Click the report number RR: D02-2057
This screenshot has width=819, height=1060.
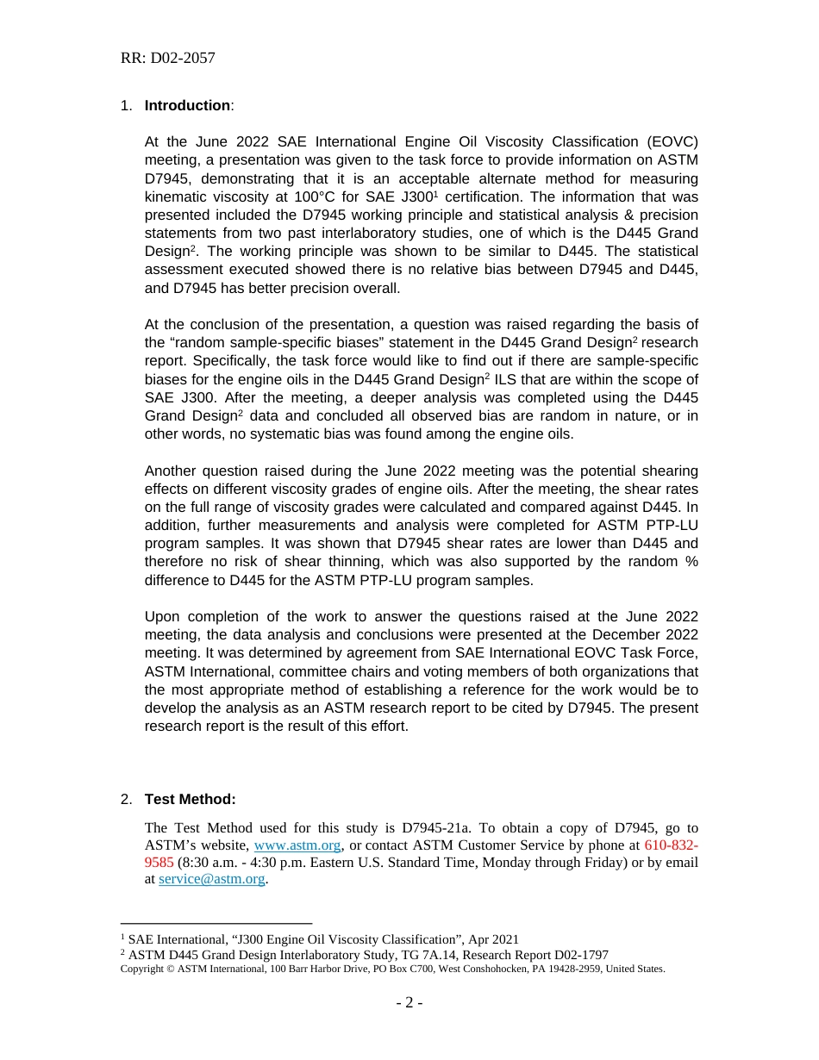click(167, 59)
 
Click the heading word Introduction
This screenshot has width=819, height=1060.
click(187, 106)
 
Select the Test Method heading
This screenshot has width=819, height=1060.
click(190, 800)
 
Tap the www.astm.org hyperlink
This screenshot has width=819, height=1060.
click(297, 845)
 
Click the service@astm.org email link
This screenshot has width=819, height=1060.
click(211, 879)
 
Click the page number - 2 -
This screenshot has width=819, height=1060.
click(409, 1003)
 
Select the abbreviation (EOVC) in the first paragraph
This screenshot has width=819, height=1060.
click(670, 142)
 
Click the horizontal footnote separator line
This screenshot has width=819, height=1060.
click(216, 923)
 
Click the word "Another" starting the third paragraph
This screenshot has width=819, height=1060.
click(171, 471)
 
